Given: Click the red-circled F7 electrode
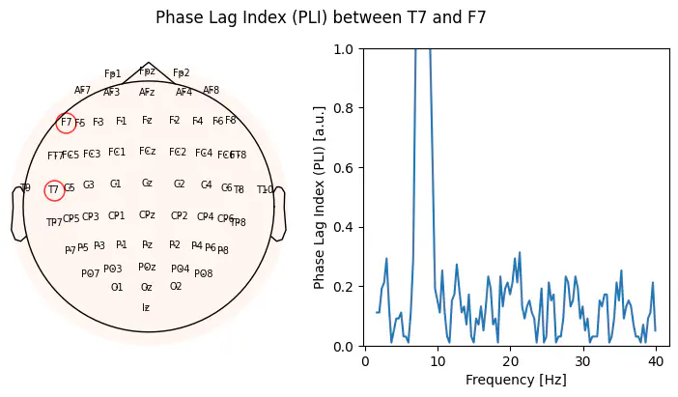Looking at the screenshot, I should point(66,123).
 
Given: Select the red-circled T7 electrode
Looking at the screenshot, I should point(54,190).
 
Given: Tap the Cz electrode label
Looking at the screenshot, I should point(147,183).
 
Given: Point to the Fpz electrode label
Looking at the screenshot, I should point(147,71).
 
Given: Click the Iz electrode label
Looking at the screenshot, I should point(146,307).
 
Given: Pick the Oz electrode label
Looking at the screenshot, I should point(146,287).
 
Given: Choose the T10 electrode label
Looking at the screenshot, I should point(265,189).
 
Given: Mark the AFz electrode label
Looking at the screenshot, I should point(147,93).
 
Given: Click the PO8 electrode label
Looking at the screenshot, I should point(203,273).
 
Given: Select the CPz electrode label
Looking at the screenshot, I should point(147,214).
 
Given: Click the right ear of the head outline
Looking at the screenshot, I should point(279,213).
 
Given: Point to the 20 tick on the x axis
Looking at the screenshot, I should point(511,347).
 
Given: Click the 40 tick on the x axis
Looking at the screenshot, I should point(657,347).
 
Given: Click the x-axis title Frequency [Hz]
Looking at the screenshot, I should point(511,380).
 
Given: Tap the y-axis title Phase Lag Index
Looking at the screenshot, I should point(320,197).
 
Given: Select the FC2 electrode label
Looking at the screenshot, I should point(178,152).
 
